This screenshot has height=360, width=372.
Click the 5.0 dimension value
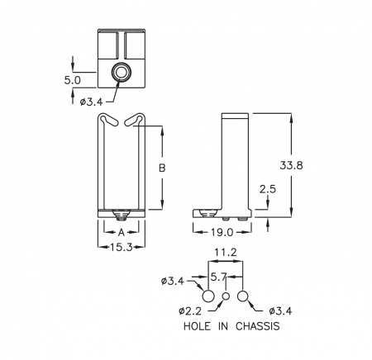tap(72, 80)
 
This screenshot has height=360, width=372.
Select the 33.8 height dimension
tap(291, 165)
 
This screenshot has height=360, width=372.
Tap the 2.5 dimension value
tap(268, 189)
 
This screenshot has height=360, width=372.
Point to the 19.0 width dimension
tap(222, 233)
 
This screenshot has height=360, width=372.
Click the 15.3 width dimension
tap(122, 247)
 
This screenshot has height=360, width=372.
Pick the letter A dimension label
tap(122, 233)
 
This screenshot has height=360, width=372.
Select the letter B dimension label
tap(162, 168)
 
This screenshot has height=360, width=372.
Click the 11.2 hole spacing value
tap(226, 253)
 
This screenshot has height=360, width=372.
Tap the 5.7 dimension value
tap(218, 277)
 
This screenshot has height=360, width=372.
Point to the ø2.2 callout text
tap(190, 311)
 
